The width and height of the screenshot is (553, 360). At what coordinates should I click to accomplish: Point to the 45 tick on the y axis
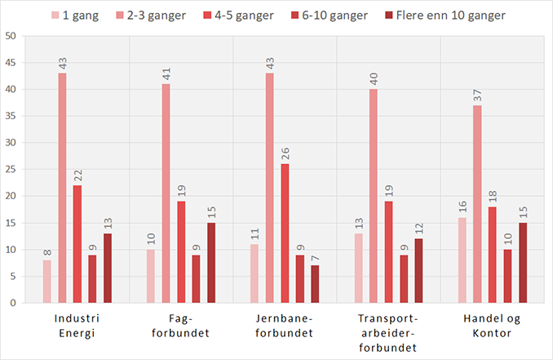tap(11, 63)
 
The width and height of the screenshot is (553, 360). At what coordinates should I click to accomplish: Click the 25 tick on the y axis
tap(11, 170)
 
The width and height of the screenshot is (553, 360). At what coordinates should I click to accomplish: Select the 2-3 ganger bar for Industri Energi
tap(62, 188)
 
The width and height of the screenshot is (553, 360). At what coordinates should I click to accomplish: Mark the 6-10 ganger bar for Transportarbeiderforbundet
tap(404, 278)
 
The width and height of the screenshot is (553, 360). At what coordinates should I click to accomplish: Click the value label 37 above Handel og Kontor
tap(477, 96)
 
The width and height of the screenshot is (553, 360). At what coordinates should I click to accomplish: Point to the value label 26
tap(285, 154)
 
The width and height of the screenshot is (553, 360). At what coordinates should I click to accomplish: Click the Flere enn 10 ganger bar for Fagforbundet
tap(212, 262)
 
